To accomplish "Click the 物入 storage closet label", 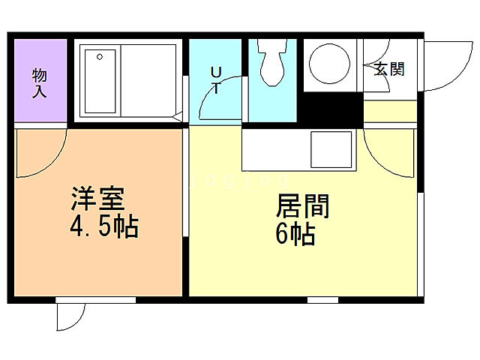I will pyautogui.click(x=39, y=82).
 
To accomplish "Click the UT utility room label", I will pyautogui.click(x=215, y=79).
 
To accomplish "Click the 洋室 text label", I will pyautogui.click(x=97, y=201).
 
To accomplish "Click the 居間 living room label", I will pyautogui.click(x=304, y=207).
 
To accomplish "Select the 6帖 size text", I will pyautogui.click(x=295, y=235).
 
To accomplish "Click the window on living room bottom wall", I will pyautogui.click(x=322, y=300).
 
